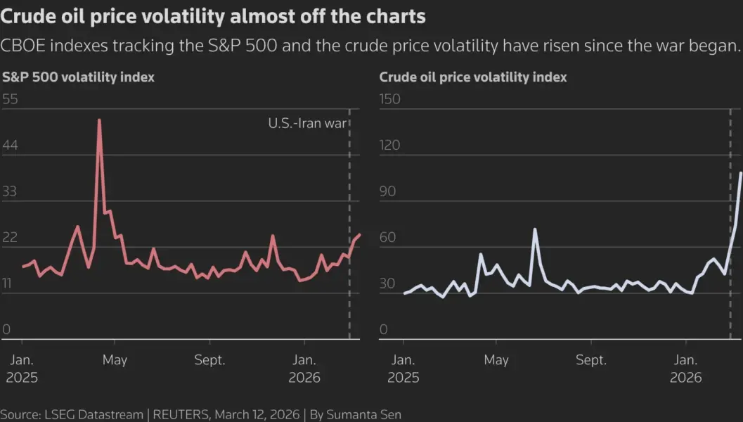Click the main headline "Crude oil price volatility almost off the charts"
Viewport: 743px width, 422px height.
pos(213,15)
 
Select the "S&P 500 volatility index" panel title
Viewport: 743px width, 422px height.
pos(79,77)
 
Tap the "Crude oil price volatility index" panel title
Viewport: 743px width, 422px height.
pos(473,77)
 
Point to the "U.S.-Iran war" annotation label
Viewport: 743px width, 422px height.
pos(308,123)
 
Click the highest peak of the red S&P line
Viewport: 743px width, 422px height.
pos(99,120)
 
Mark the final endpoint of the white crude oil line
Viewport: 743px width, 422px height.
pos(741,172)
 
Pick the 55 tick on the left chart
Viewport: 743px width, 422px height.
pos(11,99)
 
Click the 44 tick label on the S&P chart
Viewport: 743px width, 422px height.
pos(11,146)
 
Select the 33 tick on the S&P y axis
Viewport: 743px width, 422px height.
pos(11,191)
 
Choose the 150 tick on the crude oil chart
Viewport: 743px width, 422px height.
pos(389,99)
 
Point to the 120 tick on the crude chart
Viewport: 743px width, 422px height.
pos(389,146)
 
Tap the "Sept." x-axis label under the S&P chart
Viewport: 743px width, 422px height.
pos(209,360)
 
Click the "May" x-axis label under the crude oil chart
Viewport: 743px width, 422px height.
pos(496,360)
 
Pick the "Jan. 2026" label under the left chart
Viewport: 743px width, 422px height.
pos(304,369)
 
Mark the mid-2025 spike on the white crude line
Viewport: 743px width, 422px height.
pos(535,229)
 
